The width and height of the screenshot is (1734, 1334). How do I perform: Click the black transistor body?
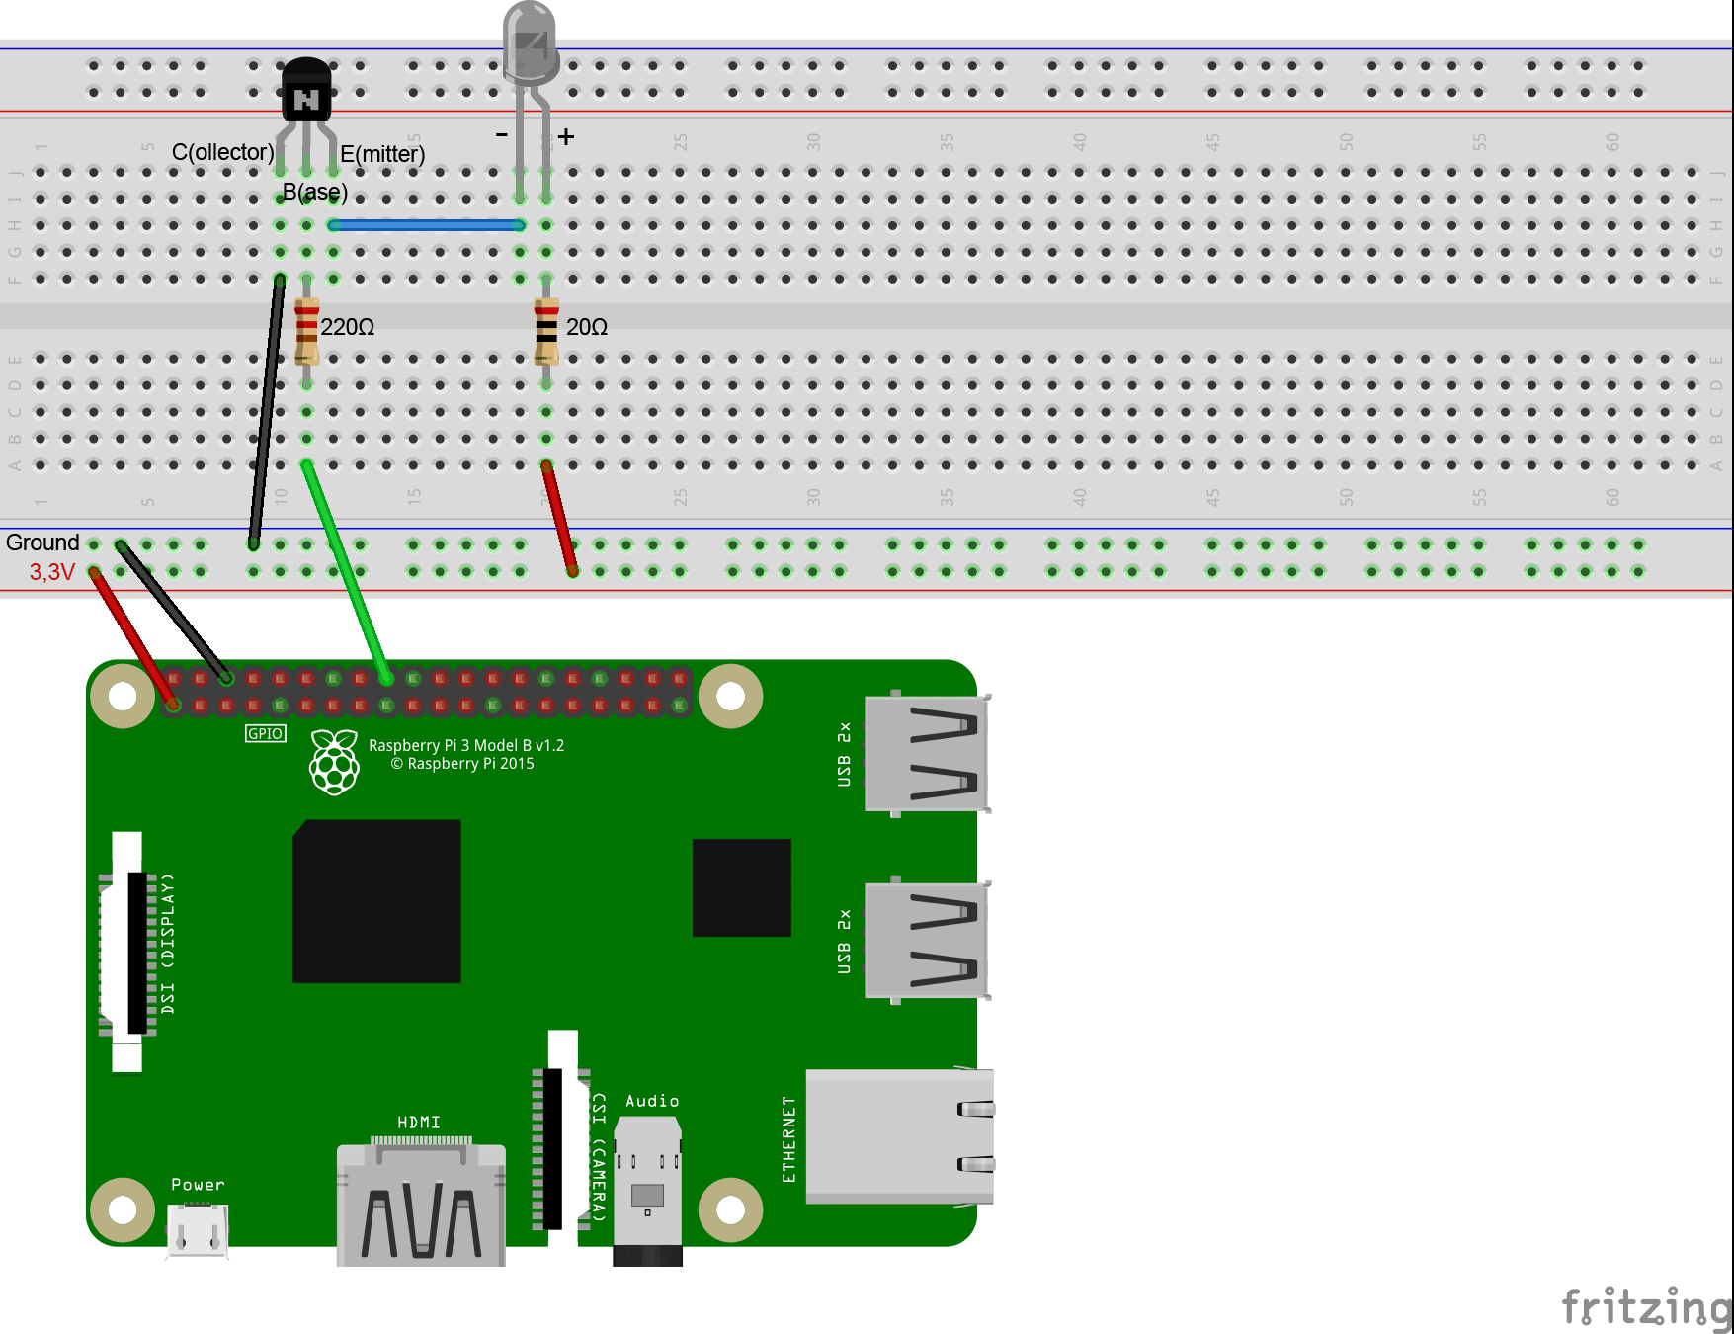pyautogui.click(x=306, y=90)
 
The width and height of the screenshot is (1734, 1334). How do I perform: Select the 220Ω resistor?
pyautogui.click(x=306, y=331)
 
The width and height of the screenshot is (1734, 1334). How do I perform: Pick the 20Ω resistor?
pyautogui.click(x=546, y=331)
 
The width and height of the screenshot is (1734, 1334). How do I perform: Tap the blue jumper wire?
pyautogui.click(x=427, y=225)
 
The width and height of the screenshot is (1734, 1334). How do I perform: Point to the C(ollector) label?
pyautogui.click(x=222, y=152)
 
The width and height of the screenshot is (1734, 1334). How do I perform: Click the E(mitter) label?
pyautogui.click(x=382, y=154)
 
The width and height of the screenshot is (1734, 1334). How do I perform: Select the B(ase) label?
pyautogui.click(x=315, y=192)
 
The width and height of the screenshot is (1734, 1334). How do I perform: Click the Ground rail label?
pyautogui.click(x=42, y=542)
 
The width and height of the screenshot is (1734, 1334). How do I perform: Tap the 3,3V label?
pyautogui.click(x=52, y=572)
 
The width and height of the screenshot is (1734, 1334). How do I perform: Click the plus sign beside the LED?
pyautogui.click(x=565, y=137)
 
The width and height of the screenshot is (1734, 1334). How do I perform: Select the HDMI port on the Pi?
pyautogui.click(x=421, y=1206)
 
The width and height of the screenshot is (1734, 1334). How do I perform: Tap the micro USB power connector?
pyautogui.click(x=198, y=1230)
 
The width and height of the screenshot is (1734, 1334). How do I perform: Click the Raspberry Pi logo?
pyautogui.click(x=334, y=762)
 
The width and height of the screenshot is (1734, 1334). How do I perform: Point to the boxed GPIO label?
pyautogui.click(x=265, y=733)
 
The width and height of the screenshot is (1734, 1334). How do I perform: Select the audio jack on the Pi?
pyautogui.click(x=647, y=1186)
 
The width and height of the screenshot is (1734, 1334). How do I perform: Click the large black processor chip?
pyautogui.click(x=376, y=900)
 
